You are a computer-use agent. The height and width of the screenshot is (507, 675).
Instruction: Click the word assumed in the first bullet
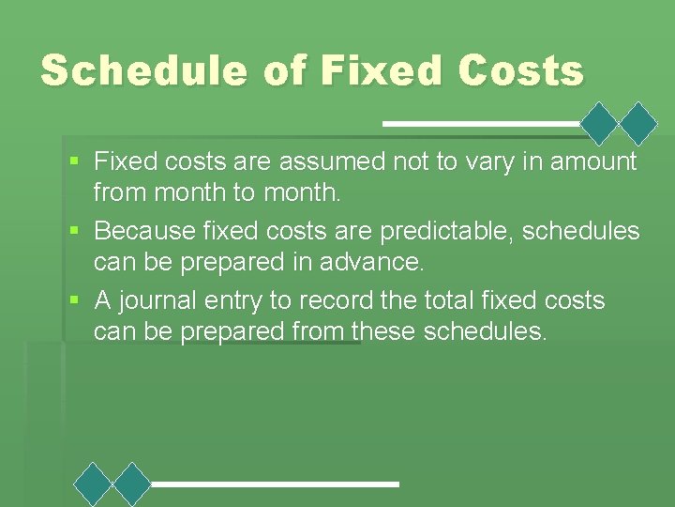click(344, 162)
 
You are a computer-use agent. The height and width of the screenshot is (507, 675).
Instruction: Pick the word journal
click(160, 300)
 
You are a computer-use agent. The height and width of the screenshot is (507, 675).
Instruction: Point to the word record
click(331, 300)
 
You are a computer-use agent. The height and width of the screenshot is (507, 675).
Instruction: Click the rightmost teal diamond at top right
click(639, 123)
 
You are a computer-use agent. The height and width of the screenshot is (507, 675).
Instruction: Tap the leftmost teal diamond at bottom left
click(93, 484)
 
